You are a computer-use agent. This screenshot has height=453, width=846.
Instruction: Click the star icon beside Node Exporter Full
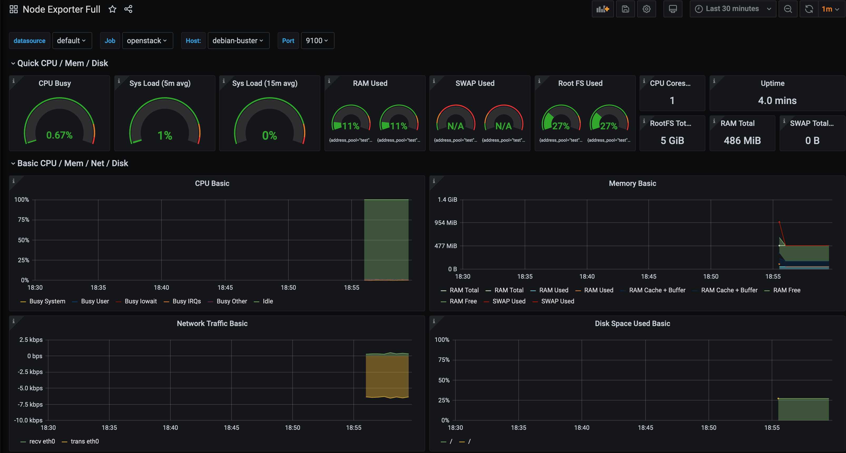click(112, 9)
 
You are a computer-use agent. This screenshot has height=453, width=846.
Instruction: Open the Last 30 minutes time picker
click(732, 9)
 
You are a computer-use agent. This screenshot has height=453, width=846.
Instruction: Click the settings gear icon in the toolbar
click(646, 9)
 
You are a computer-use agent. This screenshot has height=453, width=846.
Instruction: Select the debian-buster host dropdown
click(238, 41)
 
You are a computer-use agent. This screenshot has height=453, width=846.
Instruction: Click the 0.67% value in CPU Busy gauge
click(60, 135)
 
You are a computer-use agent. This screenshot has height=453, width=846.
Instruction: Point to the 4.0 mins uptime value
click(777, 101)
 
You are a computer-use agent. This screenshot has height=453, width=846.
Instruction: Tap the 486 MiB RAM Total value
click(742, 141)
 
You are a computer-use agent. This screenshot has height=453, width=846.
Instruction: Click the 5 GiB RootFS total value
click(672, 141)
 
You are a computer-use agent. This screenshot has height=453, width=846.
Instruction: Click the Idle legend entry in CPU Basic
click(267, 301)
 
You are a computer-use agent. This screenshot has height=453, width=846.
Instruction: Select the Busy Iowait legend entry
click(141, 301)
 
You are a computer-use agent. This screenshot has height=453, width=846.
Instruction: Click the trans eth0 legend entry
click(84, 441)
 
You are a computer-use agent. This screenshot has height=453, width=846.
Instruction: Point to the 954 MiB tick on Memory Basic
click(446, 223)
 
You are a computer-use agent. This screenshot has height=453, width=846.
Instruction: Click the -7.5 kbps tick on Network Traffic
click(30, 404)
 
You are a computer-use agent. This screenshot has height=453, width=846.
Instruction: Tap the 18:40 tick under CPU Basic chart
click(161, 287)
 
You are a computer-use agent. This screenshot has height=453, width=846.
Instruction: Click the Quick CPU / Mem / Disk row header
click(62, 63)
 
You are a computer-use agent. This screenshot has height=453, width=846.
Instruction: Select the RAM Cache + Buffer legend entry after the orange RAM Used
click(657, 290)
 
